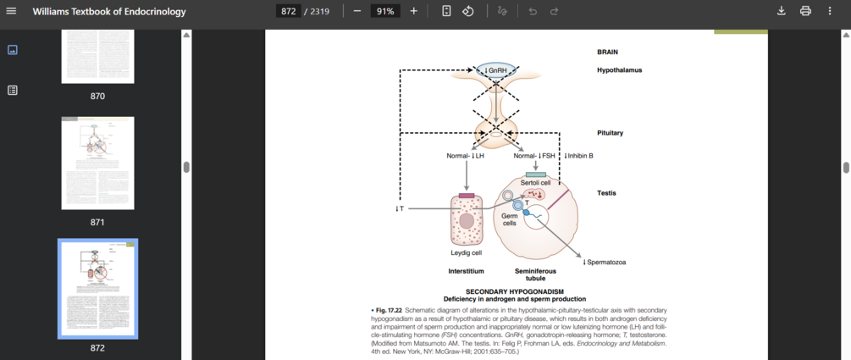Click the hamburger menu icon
coord(12,11)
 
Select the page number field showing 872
coord(288,11)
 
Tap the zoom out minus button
coord(356,11)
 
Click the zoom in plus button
coord(413,11)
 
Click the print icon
coord(805,11)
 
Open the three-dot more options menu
coord(830,11)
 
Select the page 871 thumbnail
coord(97,163)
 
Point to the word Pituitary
coord(610,133)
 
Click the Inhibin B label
coord(578,156)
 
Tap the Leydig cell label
coord(466,252)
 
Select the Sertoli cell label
coord(535,182)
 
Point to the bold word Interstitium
coord(466,271)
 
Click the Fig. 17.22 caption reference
coord(389,310)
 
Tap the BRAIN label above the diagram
coord(607,52)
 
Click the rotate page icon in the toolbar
coord(468,11)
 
